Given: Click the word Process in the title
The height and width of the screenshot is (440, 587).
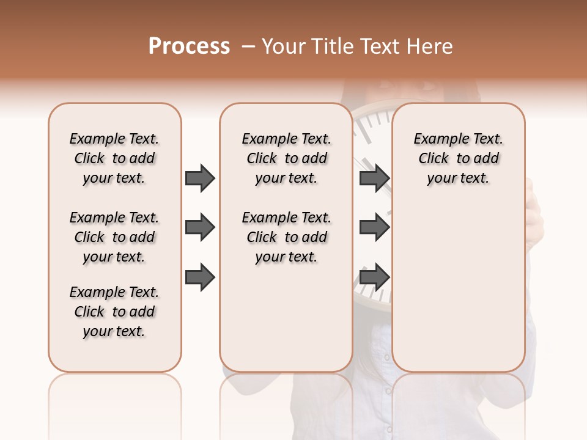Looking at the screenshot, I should click(189, 46).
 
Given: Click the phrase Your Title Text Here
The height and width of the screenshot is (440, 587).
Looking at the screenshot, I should click(357, 46).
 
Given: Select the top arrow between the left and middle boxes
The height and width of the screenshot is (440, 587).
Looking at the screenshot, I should click(200, 178).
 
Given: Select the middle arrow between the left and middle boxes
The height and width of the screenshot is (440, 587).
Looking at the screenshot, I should click(200, 228).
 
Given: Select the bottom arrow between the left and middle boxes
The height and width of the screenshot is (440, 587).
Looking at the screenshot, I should click(200, 278).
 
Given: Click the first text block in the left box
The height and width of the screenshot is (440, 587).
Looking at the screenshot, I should click(114, 158).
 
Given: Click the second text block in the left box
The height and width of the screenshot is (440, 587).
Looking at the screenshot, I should click(114, 237).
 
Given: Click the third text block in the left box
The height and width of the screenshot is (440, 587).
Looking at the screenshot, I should click(114, 312).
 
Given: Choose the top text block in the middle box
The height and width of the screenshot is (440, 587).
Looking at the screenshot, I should click(286, 158).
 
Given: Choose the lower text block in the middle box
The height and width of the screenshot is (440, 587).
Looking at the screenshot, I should click(286, 237).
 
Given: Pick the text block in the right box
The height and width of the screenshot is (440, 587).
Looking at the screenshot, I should click(458, 158).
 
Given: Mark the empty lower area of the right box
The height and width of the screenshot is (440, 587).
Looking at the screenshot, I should click(458, 281).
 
